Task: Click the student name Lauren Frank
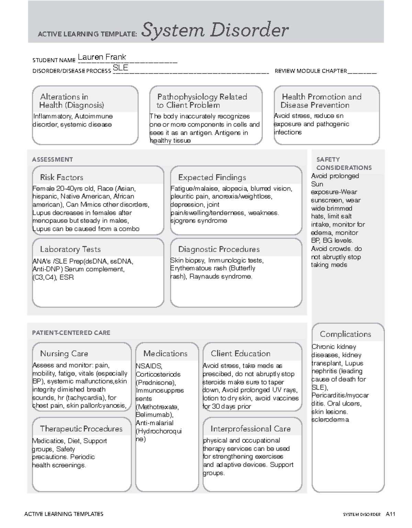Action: click(102, 57)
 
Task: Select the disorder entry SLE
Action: click(121, 68)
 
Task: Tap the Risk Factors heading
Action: click(61, 177)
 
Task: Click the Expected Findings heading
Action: click(212, 177)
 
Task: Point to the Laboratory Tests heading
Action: click(70, 249)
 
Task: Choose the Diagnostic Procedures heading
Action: click(219, 249)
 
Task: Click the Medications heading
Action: click(165, 353)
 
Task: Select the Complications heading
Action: click(345, 334)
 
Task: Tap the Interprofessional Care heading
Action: click(250, 429)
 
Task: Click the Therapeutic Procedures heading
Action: click(81, 429)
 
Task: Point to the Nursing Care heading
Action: click(64, 353)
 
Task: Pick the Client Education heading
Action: click(240, 353)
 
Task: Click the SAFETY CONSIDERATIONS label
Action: click(343, 164)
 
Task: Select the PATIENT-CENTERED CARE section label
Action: click(71, 333)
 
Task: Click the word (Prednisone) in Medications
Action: click(156, 383)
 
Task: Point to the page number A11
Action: click(390, 514)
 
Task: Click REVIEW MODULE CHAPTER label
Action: click(310, 71)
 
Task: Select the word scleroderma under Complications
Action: click(330, 420)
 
